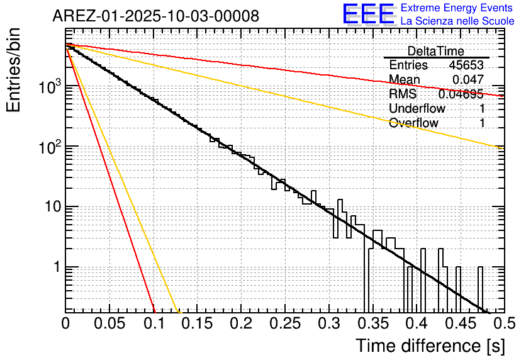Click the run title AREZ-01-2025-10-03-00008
tap(155, 16)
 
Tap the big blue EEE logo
tap(368, 15)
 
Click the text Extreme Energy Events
tap(458, 8)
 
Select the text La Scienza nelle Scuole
tap(458, 21)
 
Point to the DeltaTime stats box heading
tap(435, 51)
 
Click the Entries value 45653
tap(466, 65)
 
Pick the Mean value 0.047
tap(468, 79)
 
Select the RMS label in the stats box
tap(403, 94)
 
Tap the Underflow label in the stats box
tap(417, 108)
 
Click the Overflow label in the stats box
tap(413, 123)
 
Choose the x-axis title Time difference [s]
tap(429, 346)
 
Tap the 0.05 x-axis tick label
tap(109, 323)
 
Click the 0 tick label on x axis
tap(65, 323)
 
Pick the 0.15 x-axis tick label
tap(197, 323)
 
